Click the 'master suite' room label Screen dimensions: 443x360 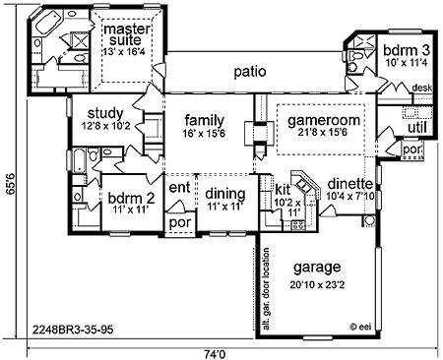127,34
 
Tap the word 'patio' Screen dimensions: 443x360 250,72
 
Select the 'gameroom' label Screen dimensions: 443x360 324,120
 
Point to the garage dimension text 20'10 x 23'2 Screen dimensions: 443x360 317,285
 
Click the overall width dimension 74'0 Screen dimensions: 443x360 216,354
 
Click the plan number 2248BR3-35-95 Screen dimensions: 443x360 73,329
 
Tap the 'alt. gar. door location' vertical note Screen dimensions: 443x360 266,289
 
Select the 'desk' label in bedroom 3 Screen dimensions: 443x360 422,88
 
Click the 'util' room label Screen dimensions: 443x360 417,128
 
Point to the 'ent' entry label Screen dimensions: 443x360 179,188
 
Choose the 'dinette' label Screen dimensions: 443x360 350,184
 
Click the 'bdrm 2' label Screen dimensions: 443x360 131,199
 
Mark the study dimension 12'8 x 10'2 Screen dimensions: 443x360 105,126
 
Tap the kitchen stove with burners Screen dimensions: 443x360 298,225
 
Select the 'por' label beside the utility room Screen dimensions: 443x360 412,150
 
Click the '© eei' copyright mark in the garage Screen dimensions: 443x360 360,327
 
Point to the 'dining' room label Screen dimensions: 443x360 225,194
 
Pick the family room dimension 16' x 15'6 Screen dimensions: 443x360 205,134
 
